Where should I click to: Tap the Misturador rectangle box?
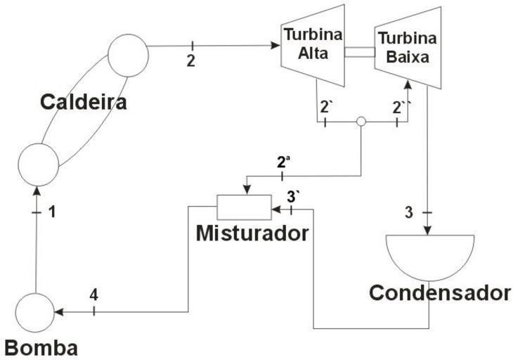tap(243, 207)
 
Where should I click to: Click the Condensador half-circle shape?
tap(429, 253)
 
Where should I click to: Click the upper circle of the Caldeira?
tap(128, 53)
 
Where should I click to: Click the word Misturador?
tap(252, 233)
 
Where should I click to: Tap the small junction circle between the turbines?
tap(361, 122)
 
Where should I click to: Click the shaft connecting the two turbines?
tap(360, 51)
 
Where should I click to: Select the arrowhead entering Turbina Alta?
tap(275, 46)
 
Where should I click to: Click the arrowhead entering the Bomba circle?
tap(58, 311)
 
